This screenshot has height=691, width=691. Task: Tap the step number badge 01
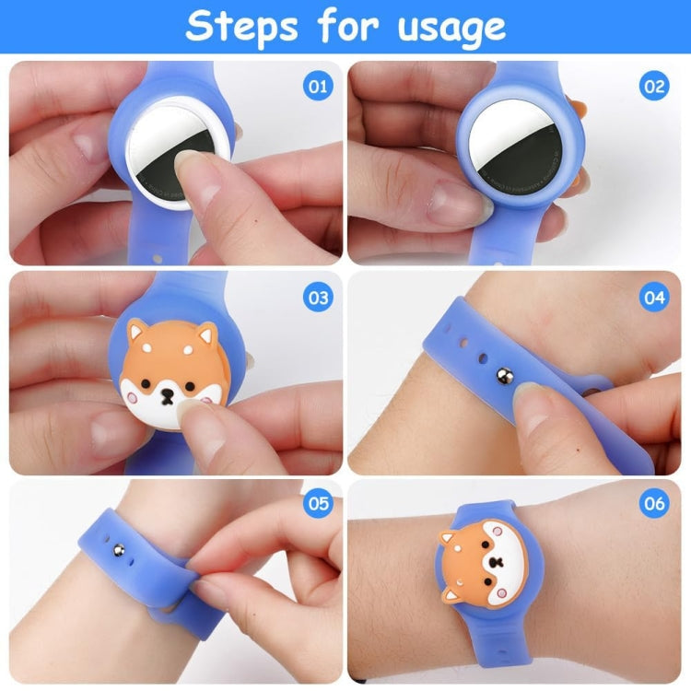click(317, 88)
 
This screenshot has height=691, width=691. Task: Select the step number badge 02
click(653, 88)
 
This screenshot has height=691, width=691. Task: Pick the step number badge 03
click(317, 298)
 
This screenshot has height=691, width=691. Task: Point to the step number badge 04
click(653, 298)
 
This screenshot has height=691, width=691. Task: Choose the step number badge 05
click(317, 504)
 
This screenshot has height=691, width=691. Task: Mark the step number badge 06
click(653, 504)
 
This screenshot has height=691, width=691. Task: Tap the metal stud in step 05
click(118, 550)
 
